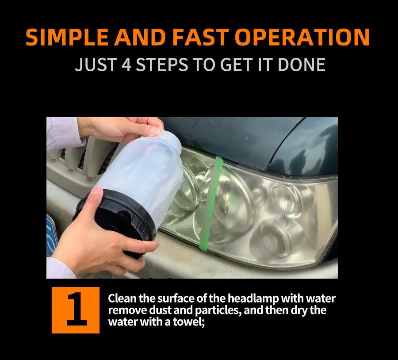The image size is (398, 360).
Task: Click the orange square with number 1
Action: [x=75, y=310]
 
